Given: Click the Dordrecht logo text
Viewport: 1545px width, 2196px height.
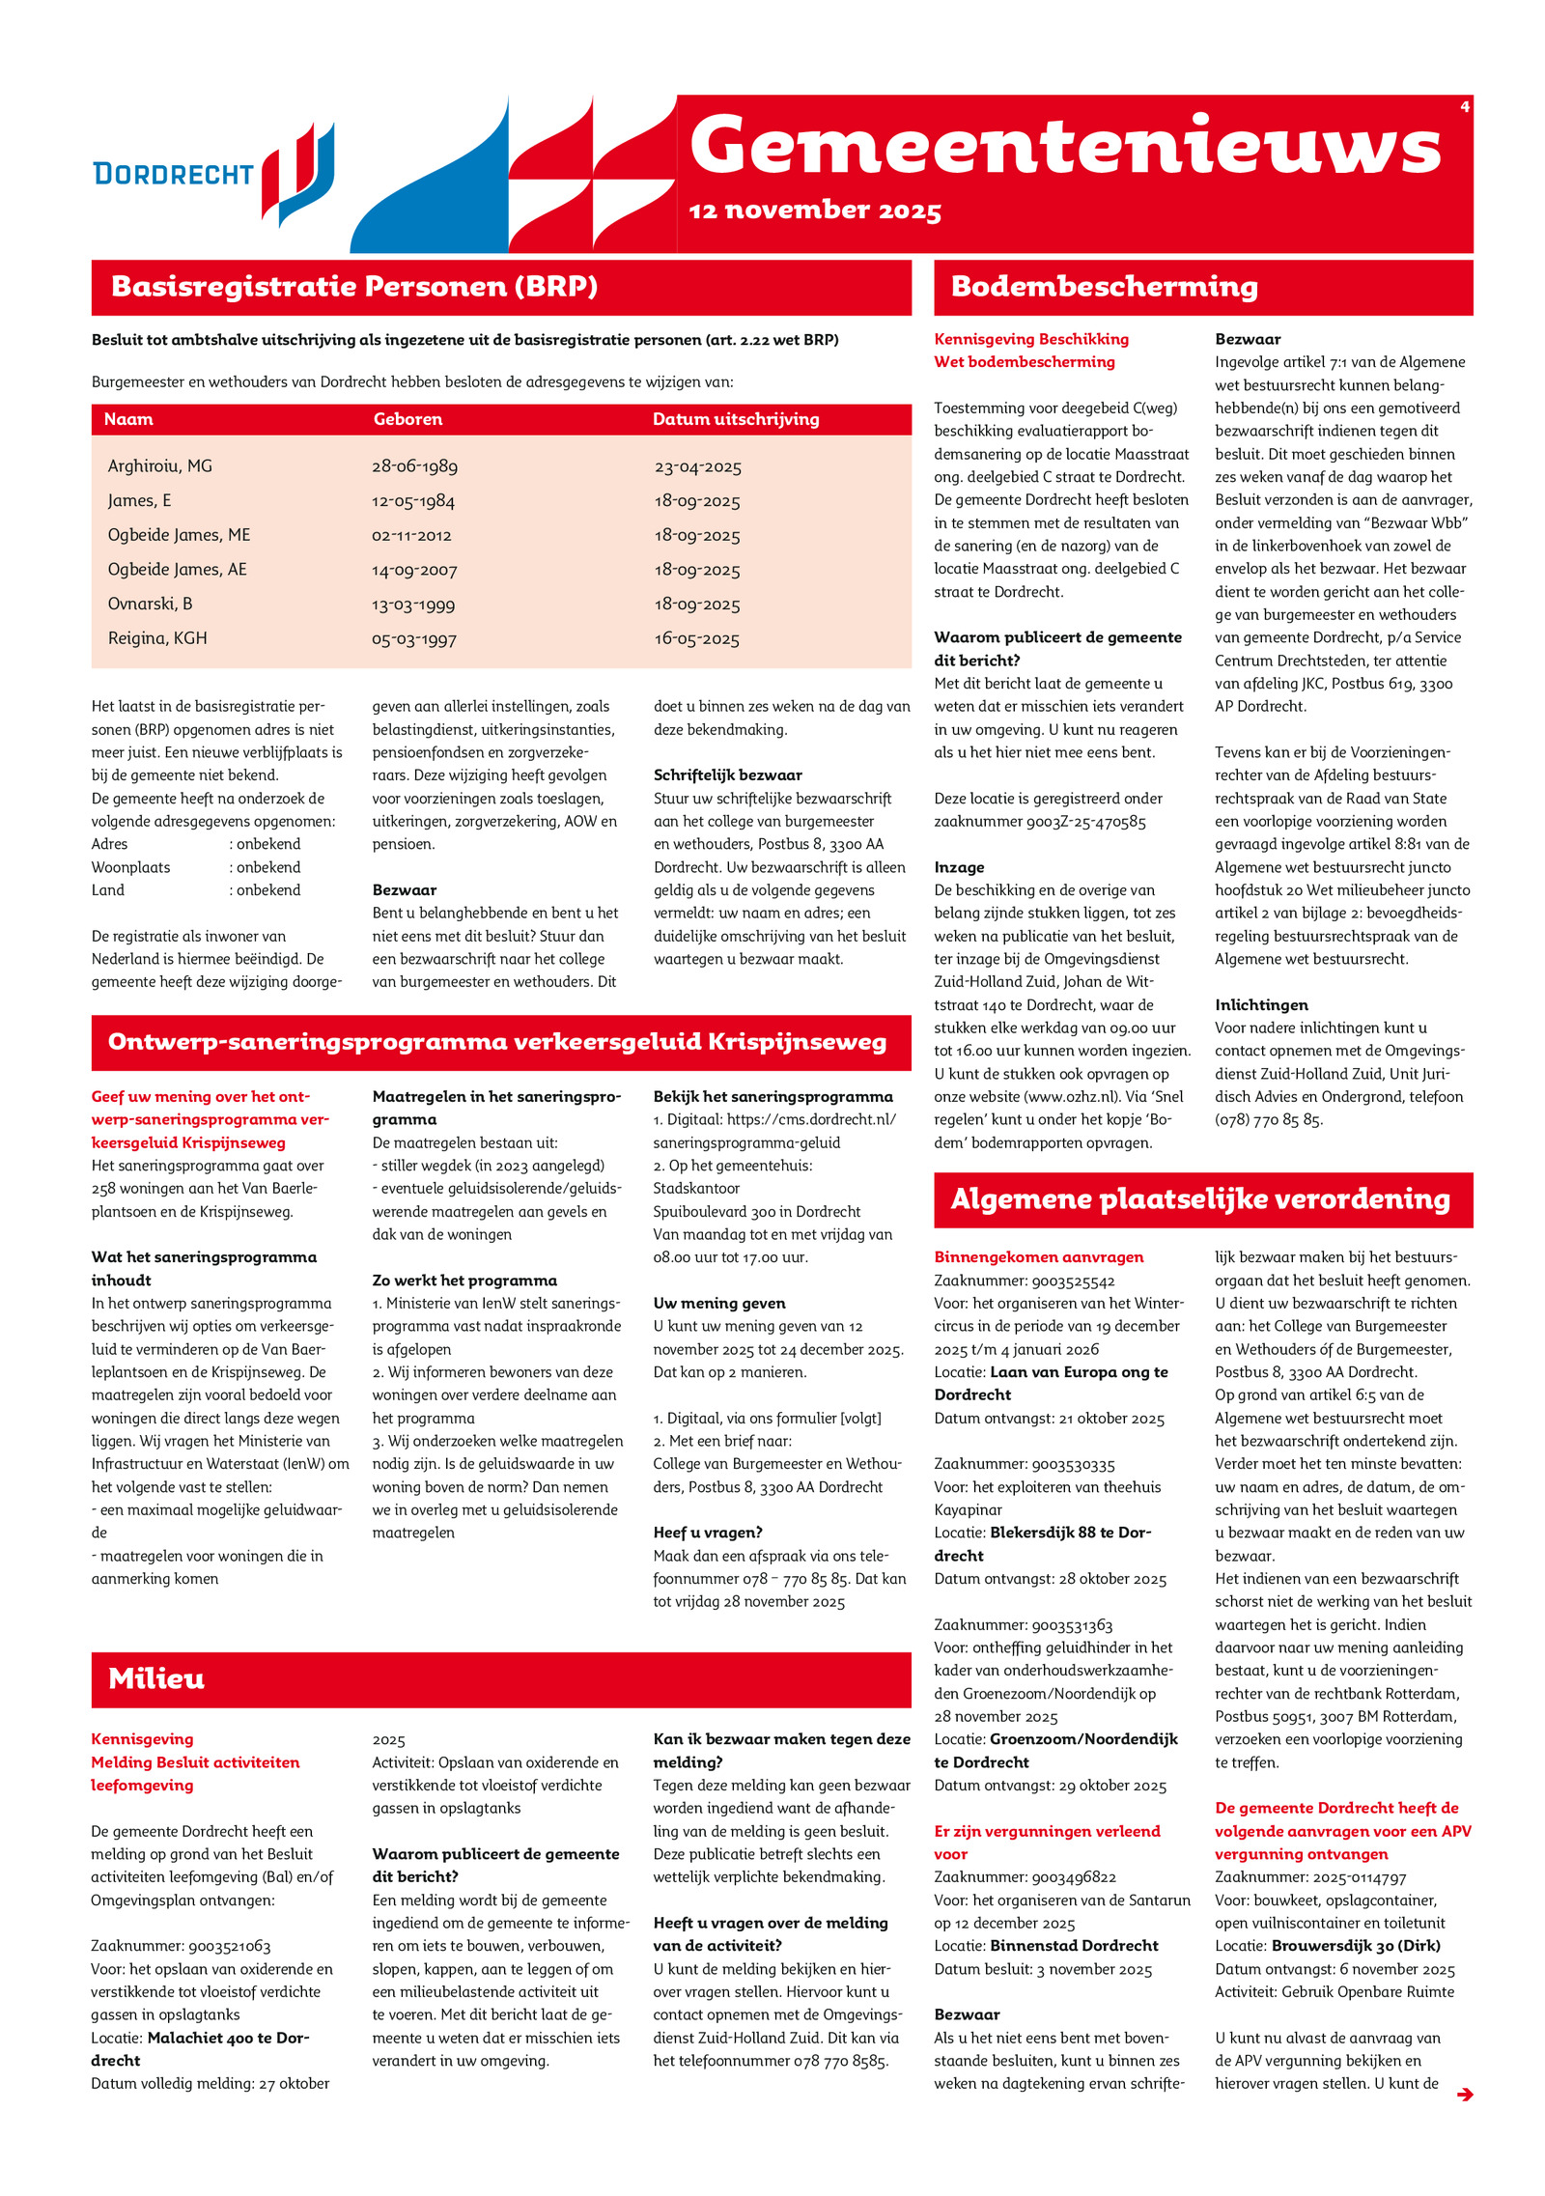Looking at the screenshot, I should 173,174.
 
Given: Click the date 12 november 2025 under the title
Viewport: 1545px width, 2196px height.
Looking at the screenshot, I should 815,211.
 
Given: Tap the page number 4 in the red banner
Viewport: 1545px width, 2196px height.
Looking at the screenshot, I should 1465,106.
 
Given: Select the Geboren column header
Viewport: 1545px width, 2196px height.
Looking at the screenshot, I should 407,419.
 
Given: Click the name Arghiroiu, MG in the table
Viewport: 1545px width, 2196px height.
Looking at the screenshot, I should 160,466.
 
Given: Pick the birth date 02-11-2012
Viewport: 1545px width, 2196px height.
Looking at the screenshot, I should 411,536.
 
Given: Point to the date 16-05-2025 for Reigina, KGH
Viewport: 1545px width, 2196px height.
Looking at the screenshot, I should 696,639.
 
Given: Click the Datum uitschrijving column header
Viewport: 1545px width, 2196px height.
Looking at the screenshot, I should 736,419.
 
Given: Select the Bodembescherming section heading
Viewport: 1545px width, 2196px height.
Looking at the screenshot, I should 1104,287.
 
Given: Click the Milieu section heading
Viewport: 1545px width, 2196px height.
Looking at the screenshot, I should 156,1678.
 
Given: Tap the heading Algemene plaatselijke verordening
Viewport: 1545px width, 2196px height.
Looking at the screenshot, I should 1200,1199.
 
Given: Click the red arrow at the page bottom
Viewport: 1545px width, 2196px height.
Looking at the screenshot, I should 1465,2095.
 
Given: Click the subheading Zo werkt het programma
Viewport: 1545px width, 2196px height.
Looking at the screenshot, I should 464,1281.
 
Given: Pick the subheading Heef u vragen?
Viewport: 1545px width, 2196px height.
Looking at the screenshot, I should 708,1533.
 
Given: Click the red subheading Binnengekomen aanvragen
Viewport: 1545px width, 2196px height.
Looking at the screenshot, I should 1038,1257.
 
